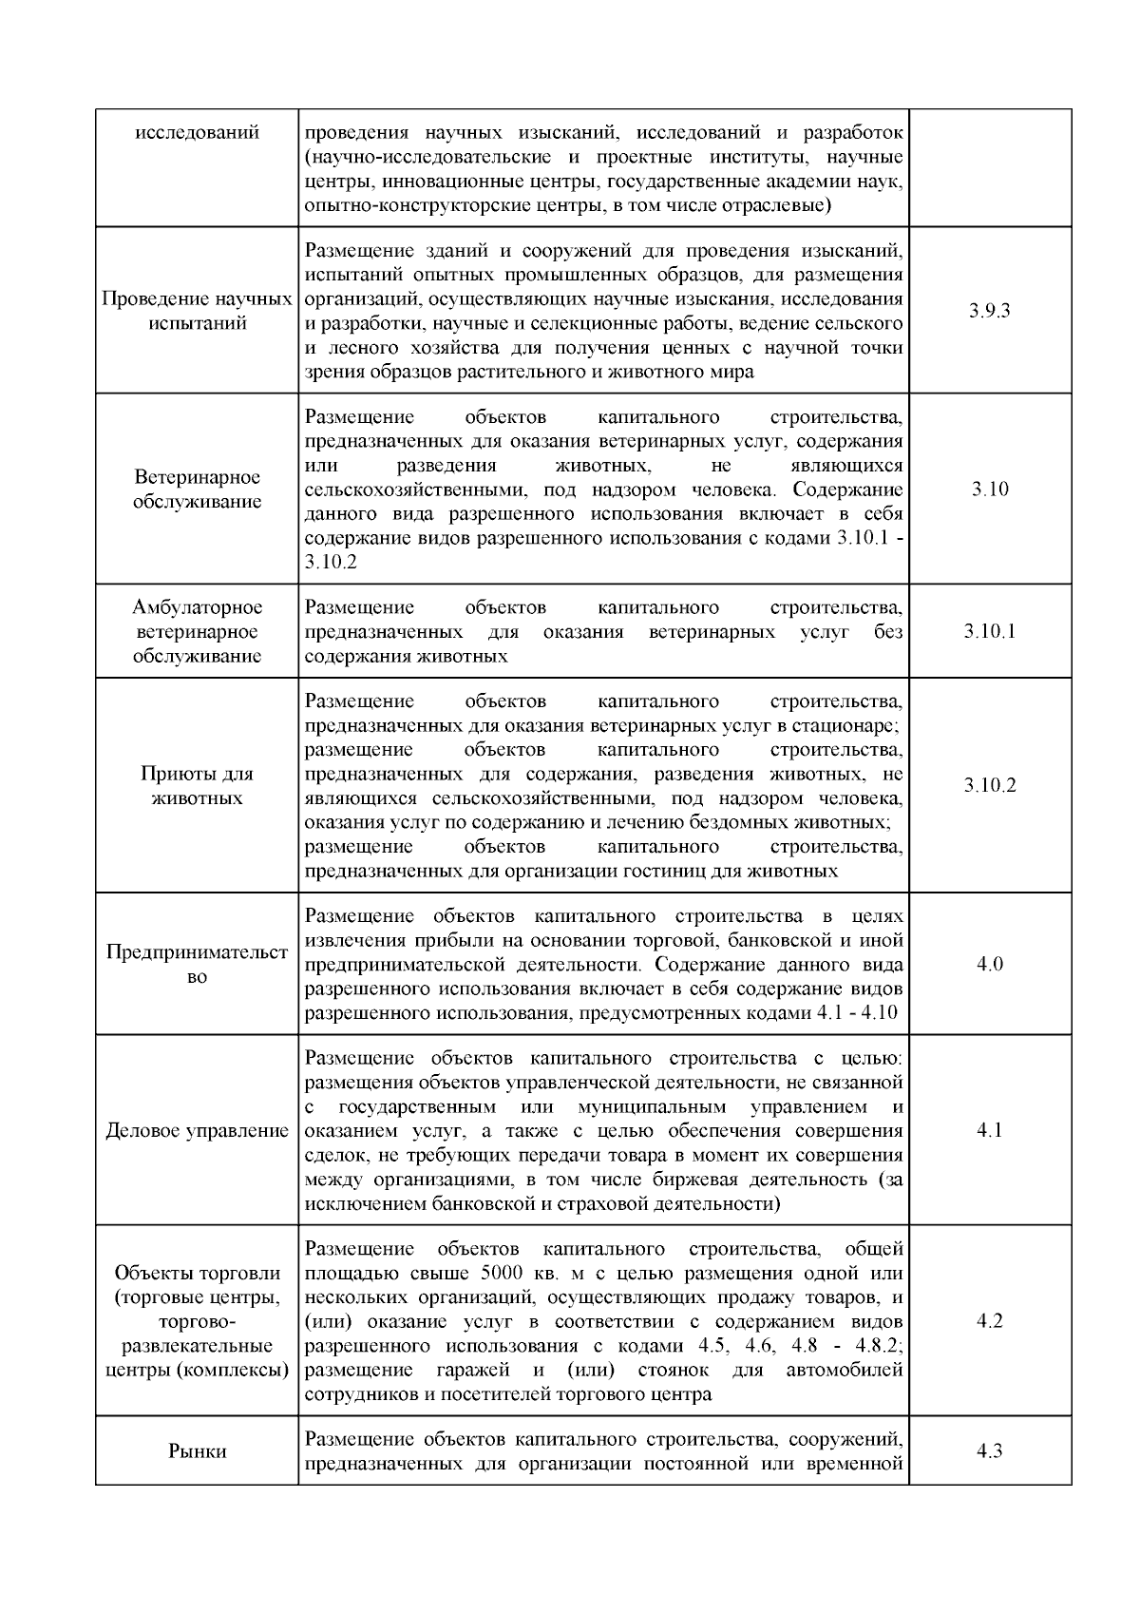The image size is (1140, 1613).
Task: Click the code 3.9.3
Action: [989, 311]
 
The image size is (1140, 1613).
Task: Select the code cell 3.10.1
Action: [989, 631]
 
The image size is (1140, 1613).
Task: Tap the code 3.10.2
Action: [989, 785]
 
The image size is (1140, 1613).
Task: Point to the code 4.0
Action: [989, 965]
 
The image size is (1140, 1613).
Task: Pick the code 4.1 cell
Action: [989, 1131]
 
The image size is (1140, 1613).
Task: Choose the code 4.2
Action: [989, 1321]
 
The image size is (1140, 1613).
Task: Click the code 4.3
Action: [989, 1451]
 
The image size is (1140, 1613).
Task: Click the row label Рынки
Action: [197, 1451]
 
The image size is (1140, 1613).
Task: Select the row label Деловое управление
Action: [197, 1131]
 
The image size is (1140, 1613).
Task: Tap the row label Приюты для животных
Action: [197, 785]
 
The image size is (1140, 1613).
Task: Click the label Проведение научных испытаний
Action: [197, 311]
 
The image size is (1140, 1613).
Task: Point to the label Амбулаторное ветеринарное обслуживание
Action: [197, 631]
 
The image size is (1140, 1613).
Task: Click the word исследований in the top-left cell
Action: [197, 132]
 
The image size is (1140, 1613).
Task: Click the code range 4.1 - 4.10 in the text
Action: [857, 1013]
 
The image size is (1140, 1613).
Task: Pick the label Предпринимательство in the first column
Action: [197, 965]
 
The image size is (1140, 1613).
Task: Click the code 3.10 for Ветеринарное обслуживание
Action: [989, 490]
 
